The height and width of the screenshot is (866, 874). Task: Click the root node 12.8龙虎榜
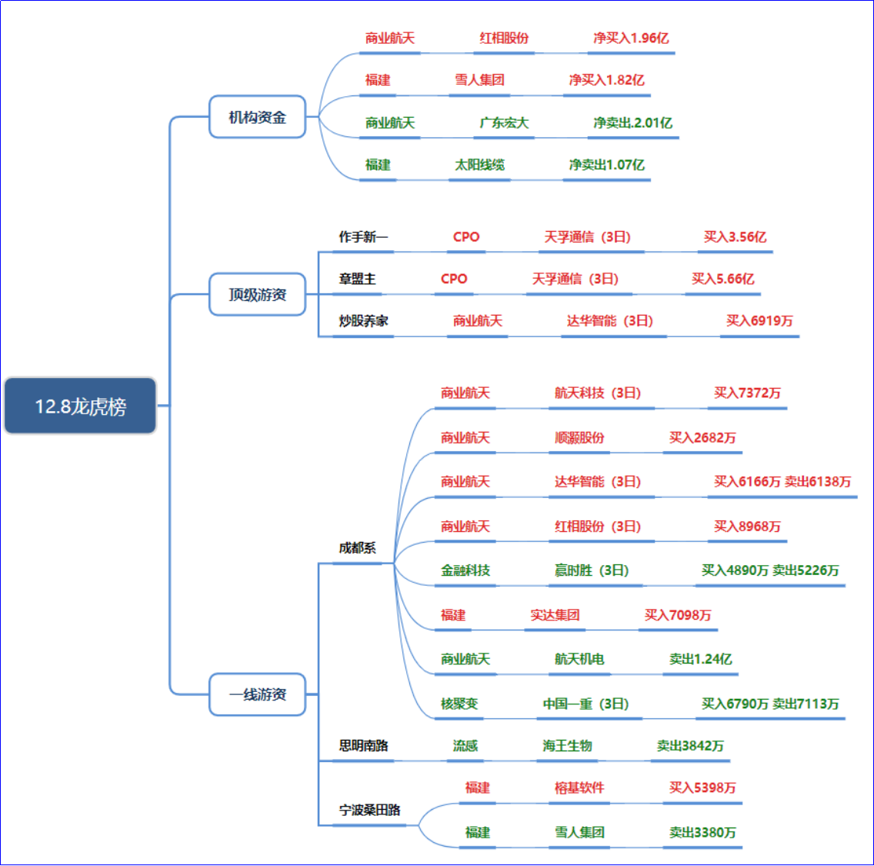(x=81, y=406)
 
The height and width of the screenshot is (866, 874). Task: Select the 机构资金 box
(x=257, y=117)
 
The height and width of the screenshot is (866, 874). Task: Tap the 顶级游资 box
(x=257, y=295)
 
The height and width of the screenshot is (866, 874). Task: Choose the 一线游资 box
(x=257, y=694)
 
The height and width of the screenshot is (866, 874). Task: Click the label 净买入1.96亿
(x=631, y=38)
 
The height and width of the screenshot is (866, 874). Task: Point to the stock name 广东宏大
(x=504, y=122)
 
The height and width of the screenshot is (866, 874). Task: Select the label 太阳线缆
(x=479, y=165)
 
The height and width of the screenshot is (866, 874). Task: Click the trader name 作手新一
(x=363, y=237)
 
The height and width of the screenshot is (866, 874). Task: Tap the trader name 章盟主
(x=357, y=279)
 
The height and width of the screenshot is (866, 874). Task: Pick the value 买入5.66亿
(x=722, y=279)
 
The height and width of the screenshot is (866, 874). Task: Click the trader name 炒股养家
(x=363, y=321)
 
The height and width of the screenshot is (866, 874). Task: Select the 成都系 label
(x=357, y=548)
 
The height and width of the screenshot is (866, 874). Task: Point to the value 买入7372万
(x=746, y=393)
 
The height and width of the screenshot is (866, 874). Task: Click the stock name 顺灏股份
(x=579, y=437)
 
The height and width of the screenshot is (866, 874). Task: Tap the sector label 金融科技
(x=465, y=570)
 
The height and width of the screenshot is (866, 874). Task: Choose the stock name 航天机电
(x=579, y=659)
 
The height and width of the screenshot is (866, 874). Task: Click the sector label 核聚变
(x=459, y=704)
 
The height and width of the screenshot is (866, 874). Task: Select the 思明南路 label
(x=363, y=746)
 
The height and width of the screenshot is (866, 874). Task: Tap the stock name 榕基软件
(x=579, y=787)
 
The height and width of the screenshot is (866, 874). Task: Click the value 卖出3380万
(x=702, y=832)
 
